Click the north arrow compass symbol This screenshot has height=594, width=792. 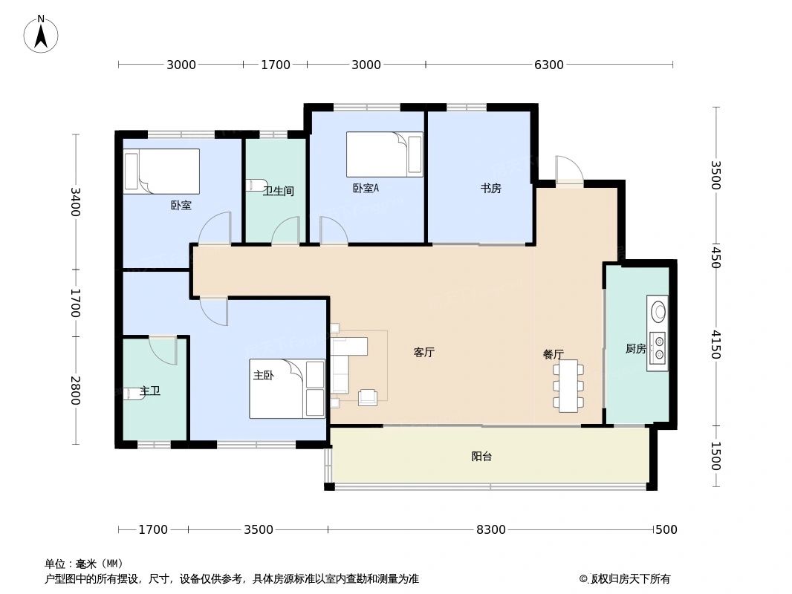(x=42, y=34)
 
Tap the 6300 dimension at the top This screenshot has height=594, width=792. (x=548, y=65)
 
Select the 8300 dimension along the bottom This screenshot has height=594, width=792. (x=490, y=529)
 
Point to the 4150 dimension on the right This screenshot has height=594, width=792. (x=715, y=344)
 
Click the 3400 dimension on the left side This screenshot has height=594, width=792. (x=75, y=201)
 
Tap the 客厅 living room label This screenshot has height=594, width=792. (x=423, y=353)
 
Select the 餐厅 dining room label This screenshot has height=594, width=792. (x=553, y=354)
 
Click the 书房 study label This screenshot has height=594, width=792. (x=490, y=189)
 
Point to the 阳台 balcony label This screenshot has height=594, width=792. (x=481, y=457)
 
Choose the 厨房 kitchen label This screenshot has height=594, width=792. (x=635, y=348)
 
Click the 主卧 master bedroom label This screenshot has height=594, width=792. (x=264, y=376)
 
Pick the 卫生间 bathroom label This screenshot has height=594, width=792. (x=279, y=191)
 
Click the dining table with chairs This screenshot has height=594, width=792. (x=568, y=386)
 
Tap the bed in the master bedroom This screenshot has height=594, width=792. (x=288, y=388)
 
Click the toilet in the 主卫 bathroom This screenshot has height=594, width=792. (x=134, y=393)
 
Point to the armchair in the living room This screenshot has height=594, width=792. (x=368, y=398)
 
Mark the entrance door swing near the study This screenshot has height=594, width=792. (x=568, y=170)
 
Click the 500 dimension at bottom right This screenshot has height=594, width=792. (x=666, y=529)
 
